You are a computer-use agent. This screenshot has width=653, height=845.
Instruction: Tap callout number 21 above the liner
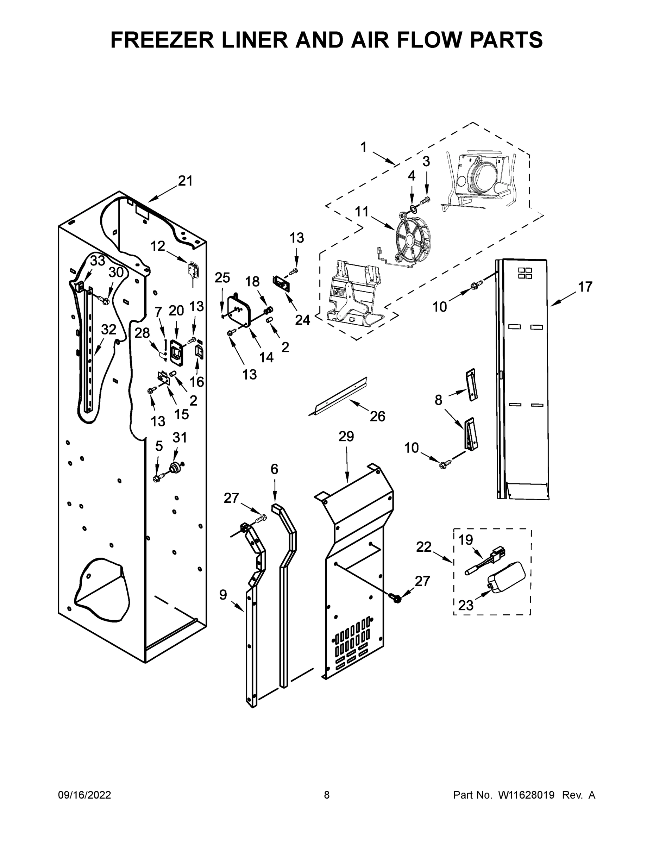[185, 181]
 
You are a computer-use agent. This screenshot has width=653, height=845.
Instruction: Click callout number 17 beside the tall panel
[585, 287]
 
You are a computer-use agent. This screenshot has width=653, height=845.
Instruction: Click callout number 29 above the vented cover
[346, 437]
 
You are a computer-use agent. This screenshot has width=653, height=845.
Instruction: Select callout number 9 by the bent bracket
[223, 595]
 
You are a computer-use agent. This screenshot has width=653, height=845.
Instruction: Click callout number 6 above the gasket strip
[274, 469]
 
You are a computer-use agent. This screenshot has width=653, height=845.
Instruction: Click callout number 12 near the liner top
[157, 246]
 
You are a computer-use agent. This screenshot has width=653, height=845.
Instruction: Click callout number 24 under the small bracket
[302, 320]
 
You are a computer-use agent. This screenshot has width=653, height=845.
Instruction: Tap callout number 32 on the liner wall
[109, 330]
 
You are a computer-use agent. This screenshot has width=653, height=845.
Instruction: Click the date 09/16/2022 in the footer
[84, 795]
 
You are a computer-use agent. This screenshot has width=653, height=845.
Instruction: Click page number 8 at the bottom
[327, 795]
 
